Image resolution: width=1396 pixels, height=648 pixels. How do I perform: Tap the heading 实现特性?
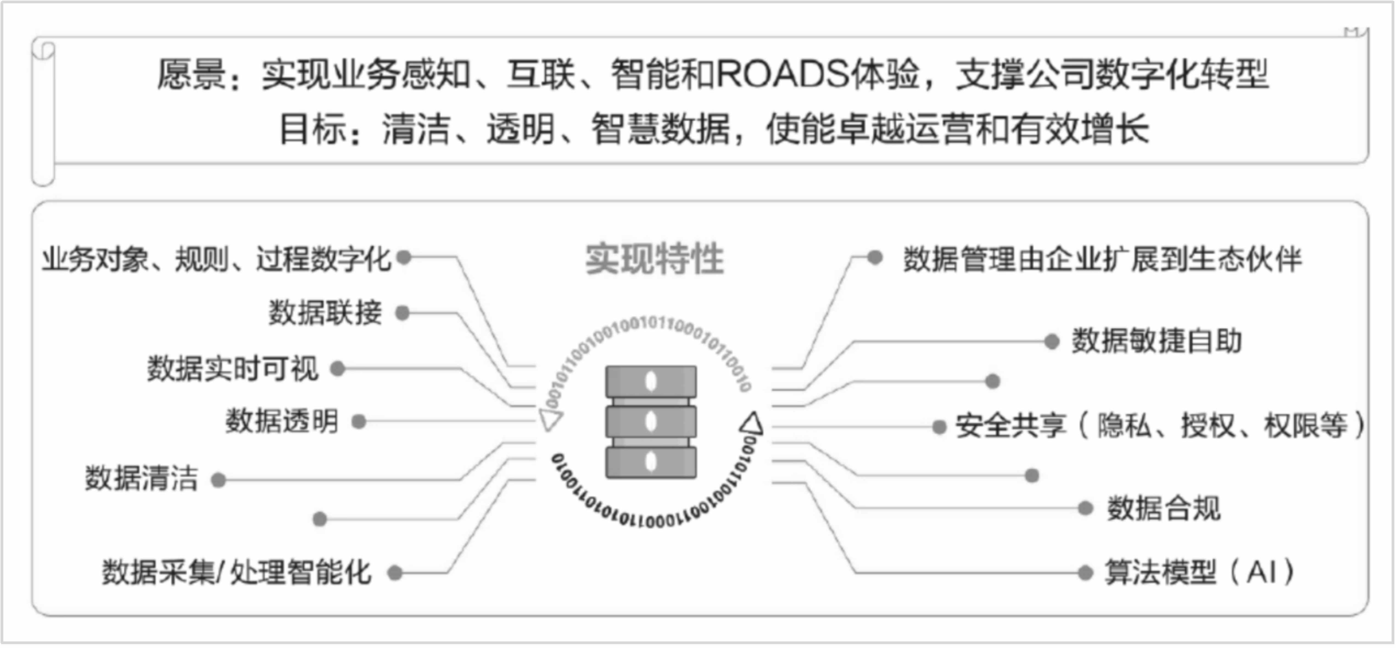coord(655,259)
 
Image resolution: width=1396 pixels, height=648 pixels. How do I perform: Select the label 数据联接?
coord(326,313)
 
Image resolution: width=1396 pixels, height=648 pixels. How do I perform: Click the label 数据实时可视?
coord(233,368)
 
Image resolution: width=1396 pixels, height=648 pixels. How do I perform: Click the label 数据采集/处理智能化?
coord(237,572)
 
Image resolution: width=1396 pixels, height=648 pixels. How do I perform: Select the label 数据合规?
coord(1163,508)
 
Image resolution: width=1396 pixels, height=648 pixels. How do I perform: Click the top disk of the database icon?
coord(651,381)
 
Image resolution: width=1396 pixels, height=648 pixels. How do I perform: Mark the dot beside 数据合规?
coord(1085,508)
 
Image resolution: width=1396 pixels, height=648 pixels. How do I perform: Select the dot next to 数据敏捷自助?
coord(1051,341)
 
